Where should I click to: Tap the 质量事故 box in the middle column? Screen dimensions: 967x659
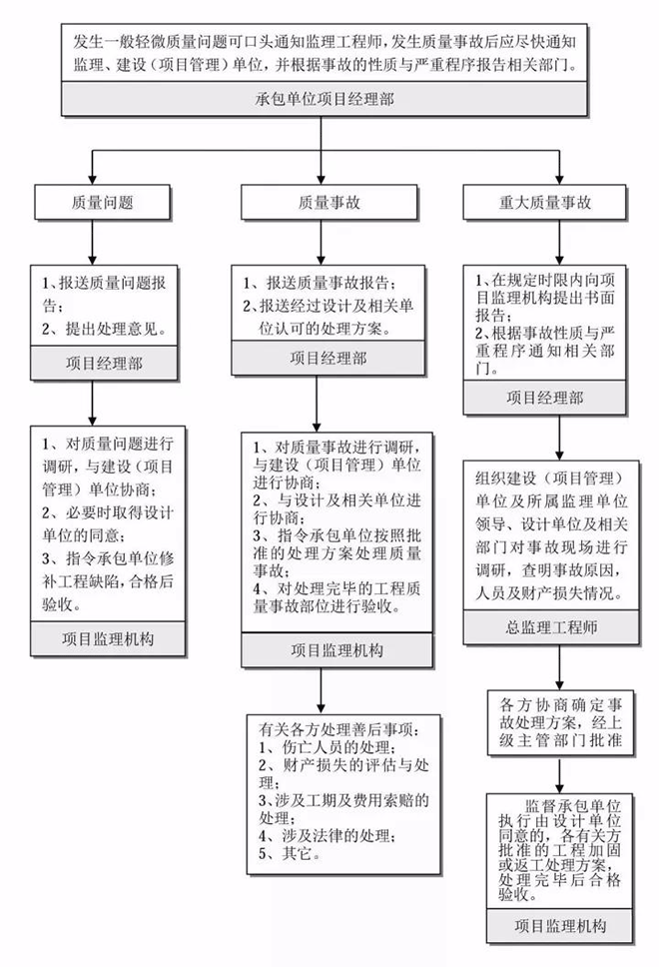pos(329,203)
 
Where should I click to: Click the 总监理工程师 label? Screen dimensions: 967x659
pos(548,630)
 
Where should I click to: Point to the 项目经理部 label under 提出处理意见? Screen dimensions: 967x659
pos(107,362)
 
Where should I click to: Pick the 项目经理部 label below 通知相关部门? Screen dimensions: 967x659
pos(548,397)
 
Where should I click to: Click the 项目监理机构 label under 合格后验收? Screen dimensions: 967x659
pos(107,636)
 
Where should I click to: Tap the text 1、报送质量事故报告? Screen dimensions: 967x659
pos(326,281)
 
